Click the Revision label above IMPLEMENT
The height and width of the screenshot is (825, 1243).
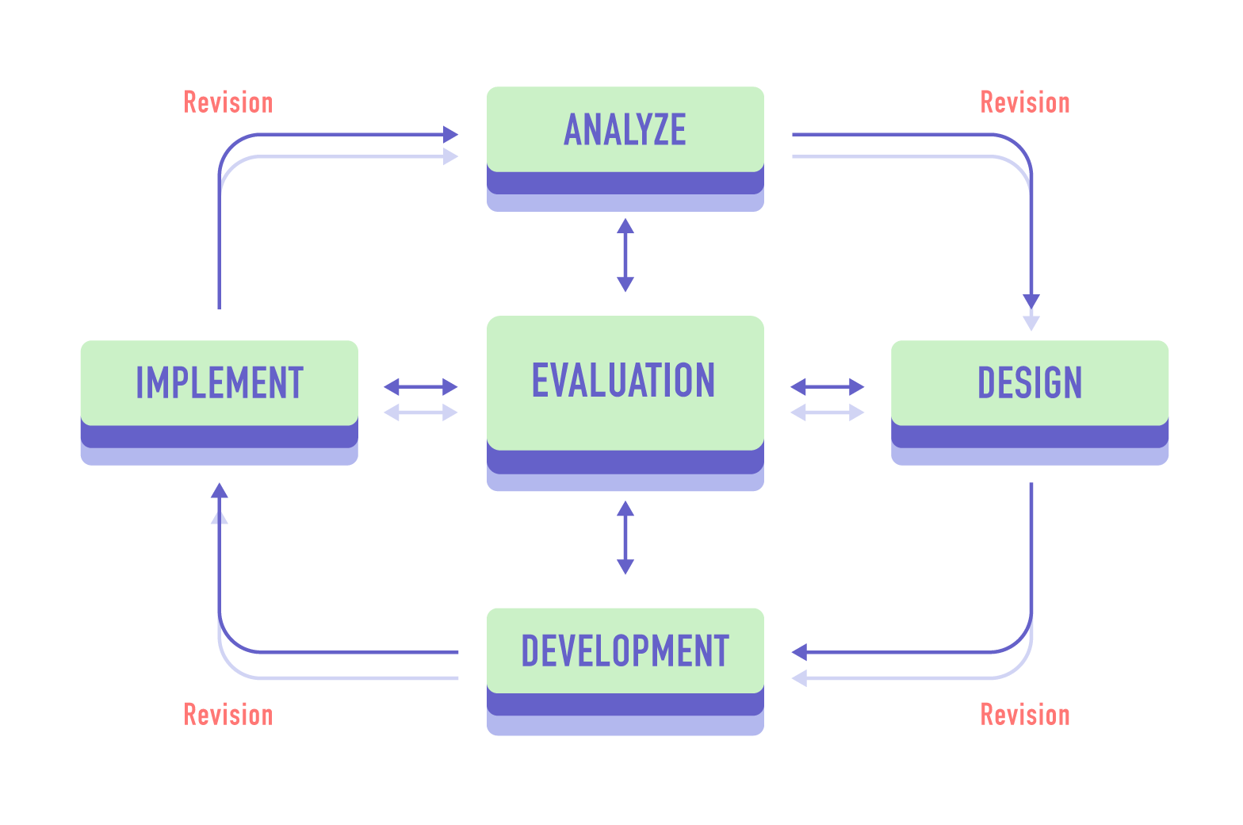[x=228, y=103]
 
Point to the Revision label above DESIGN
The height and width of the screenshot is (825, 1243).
[x=1025, y=103]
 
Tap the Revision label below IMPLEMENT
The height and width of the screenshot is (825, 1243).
[x=228, y=715]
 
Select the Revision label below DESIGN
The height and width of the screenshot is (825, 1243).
[x=1025, y=715]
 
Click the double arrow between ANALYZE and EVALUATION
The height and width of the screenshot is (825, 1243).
[x=625, y=255]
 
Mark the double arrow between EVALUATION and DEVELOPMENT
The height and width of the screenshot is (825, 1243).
[x=625, y=537]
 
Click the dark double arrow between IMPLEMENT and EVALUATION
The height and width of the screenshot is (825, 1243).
[x=421, y=387]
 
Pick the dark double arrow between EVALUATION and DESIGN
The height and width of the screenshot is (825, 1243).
[x=827, y=387]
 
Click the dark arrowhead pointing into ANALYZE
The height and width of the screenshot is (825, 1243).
[x=451, y=135]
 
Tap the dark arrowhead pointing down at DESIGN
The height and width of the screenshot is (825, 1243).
[x=1031, y=301]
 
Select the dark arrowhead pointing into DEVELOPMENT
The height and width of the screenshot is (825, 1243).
[x=799, y=652]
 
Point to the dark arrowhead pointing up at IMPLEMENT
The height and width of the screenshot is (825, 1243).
[x=220, y=490]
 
